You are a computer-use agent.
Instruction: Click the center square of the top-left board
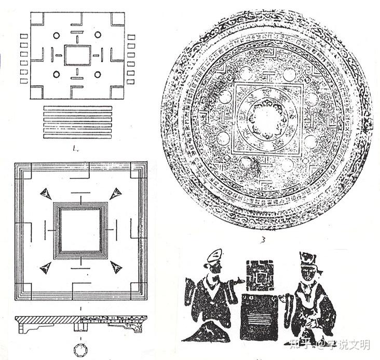(77, 55)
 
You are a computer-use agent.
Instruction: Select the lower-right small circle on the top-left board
(98, 75)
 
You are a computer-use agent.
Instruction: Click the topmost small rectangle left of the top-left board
(24, 37)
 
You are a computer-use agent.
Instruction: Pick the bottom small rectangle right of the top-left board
(131, 81)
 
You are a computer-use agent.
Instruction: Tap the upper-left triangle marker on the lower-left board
(46, 193)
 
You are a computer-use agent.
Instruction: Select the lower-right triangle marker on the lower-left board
(116, 268)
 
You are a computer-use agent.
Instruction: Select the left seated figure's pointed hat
(214, 256)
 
